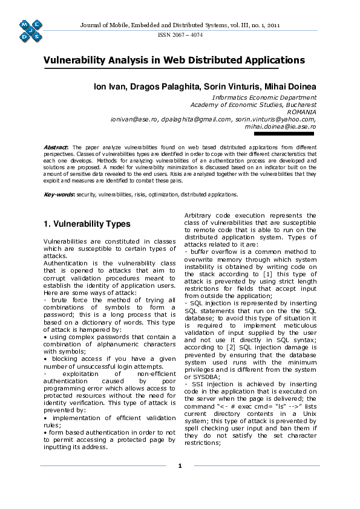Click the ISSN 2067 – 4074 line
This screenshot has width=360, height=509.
point(180,35)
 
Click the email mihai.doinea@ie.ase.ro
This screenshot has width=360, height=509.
point(280,127)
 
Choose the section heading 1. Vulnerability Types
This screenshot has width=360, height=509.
point(87,224)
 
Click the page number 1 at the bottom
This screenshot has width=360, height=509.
point(180,465)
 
